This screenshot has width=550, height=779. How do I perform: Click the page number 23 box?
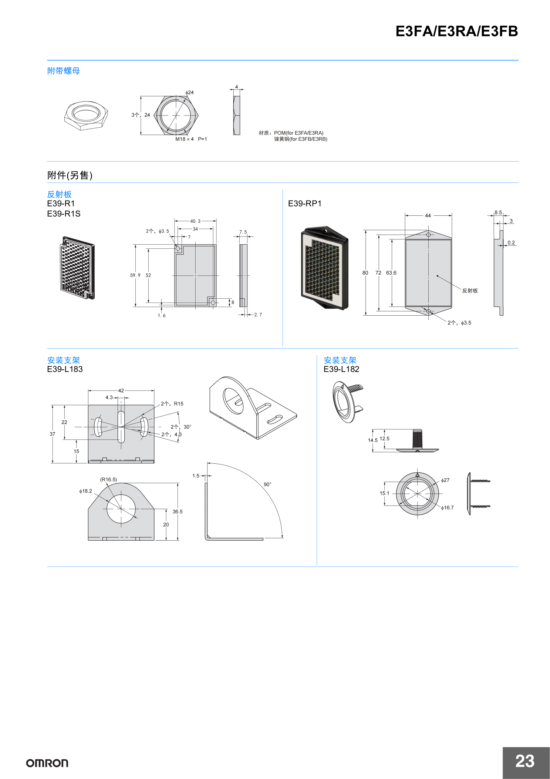point(525,762)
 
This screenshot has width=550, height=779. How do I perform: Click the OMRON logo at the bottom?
point(47,763)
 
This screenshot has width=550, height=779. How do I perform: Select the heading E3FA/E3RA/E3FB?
point(456,31)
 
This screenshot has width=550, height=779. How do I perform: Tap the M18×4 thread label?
point(184,139)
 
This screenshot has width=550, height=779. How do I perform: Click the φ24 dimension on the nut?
point(190,93)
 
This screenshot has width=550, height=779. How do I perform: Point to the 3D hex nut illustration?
point(86,115)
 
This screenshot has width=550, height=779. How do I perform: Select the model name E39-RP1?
point(305,204)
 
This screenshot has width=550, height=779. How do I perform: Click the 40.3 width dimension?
point(195,221)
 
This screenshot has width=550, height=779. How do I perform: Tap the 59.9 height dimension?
point(135,275)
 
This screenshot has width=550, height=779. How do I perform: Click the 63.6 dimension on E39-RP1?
point(391,273)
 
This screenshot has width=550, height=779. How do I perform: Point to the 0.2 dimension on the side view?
point(511,243)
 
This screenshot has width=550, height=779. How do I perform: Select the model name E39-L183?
point(65,369)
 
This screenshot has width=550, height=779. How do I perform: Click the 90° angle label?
point(267,484)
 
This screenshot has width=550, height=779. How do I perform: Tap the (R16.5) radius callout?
point(108,480)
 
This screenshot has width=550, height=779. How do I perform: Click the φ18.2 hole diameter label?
point(85,491)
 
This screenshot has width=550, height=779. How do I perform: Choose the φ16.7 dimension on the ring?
point(447,508)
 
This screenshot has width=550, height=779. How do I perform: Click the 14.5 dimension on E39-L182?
point(372,440)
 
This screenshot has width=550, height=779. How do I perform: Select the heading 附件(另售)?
point(70,175)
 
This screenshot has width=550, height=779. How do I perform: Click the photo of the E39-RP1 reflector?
point(324,268)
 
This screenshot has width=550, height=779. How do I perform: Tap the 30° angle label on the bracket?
point(187,427)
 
